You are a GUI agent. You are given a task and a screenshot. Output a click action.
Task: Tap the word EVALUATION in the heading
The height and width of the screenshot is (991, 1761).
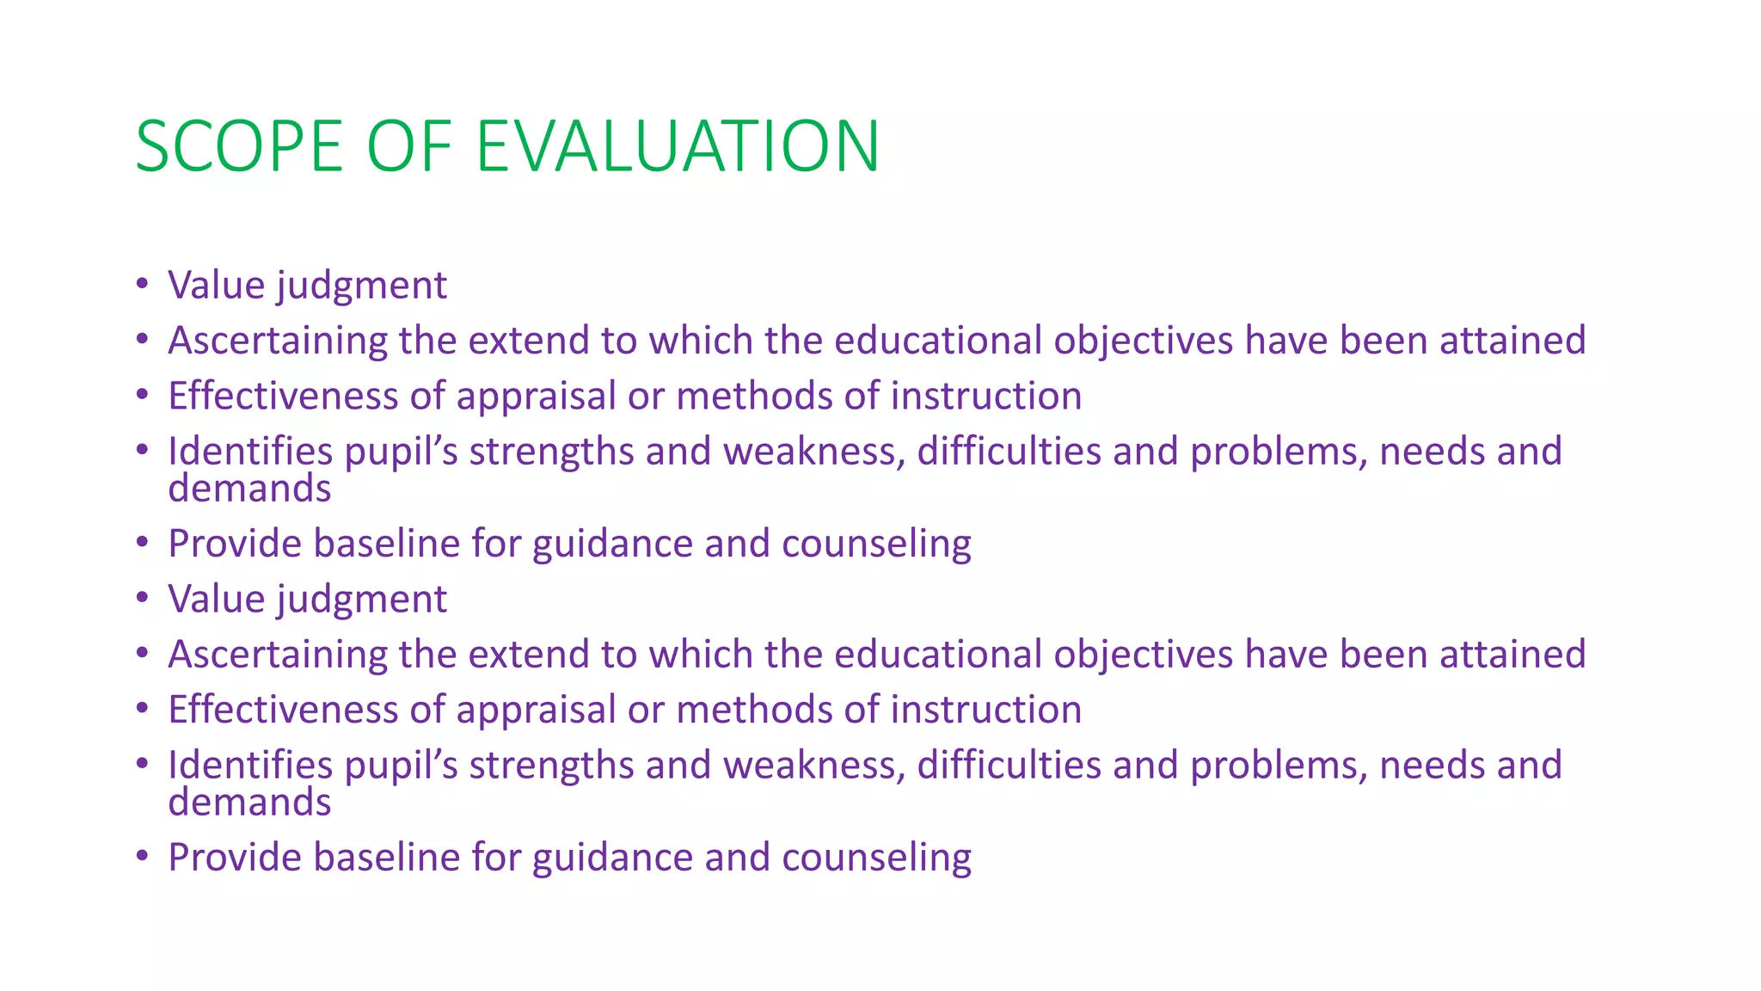click(x=678, y=146)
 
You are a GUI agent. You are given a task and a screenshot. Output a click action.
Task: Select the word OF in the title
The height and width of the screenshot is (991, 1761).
click(x=409, y=146)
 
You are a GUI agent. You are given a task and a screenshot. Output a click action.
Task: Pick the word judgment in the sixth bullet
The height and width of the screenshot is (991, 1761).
click(x=362, y=600)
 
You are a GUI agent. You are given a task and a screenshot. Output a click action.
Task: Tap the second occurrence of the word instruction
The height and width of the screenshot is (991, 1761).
click(x=986, y=710)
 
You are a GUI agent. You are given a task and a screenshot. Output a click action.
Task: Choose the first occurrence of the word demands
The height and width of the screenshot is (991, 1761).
click(x=249, y=489)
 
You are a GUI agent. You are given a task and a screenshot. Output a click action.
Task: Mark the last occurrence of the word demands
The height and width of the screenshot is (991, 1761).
click(x=249, y=803)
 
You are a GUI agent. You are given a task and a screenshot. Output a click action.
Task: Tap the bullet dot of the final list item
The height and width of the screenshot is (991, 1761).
click(x=143, y=857)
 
